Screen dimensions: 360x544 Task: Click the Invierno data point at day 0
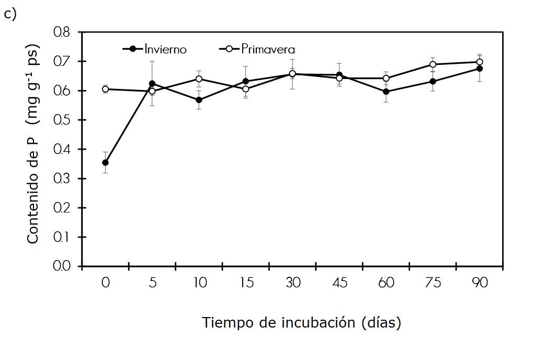[x=106, y=163]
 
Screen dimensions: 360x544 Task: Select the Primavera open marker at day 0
[x=106, y=89]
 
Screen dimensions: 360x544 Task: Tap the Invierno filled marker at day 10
[x=199, y=100]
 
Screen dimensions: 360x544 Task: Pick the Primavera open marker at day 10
[x=199, y=79]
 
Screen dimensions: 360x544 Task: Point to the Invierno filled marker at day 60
[x=386, y=92]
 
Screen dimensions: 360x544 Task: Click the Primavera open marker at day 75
[x=433, y=64]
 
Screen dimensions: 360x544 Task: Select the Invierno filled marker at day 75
[x=433, y=81]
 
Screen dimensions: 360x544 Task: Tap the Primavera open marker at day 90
[x=479, y=62]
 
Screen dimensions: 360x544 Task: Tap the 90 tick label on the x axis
[x=479, y=283]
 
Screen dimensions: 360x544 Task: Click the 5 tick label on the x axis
[x=152, y=283]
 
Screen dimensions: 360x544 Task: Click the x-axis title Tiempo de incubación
[x=302, y=322]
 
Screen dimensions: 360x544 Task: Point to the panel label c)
[x=10, y=14]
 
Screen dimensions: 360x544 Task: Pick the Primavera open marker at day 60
[x=386, y=78]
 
